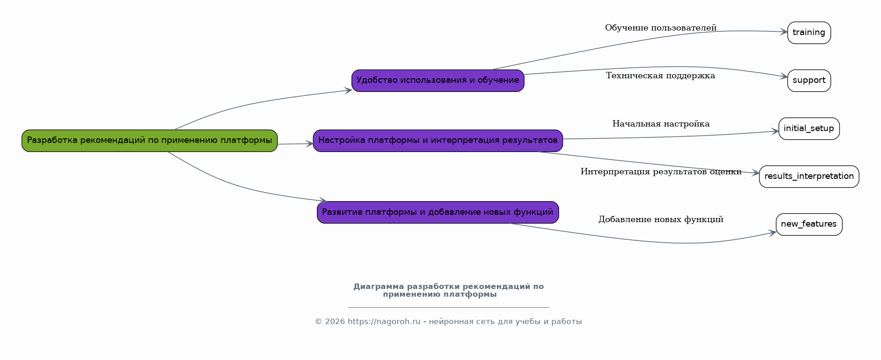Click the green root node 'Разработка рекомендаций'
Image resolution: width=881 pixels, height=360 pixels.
click(x=149, y=141)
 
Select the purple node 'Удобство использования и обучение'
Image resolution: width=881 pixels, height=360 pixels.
click(x=438, y=81)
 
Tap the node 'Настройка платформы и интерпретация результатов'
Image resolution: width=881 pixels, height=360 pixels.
click(x=438, y=141)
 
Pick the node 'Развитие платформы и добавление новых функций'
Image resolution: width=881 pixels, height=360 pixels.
click(x=438, y=213)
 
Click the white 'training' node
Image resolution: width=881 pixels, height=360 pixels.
click(x=809, y=33)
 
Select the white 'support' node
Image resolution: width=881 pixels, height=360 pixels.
click(x=809, y=81)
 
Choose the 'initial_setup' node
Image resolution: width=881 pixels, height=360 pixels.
click(x=809, y=129)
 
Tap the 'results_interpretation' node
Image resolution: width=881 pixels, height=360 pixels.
click(x=809, y=177)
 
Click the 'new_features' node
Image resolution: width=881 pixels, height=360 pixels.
click(x=809, y=224)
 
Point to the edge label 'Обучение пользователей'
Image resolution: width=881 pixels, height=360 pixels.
click(x=661, y=28)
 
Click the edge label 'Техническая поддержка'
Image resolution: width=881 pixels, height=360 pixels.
click(x=661, y=76)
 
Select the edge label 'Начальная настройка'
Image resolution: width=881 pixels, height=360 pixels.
click(x=661, y=124)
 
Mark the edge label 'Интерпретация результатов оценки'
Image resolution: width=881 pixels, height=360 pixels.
click(x=661, y=172)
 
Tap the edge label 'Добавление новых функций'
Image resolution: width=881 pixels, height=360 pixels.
click(x=661, y=219)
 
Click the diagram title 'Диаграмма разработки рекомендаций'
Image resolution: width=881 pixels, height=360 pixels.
click(x=448, y=290)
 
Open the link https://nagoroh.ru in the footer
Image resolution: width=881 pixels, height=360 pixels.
click(x=384, y=322)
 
